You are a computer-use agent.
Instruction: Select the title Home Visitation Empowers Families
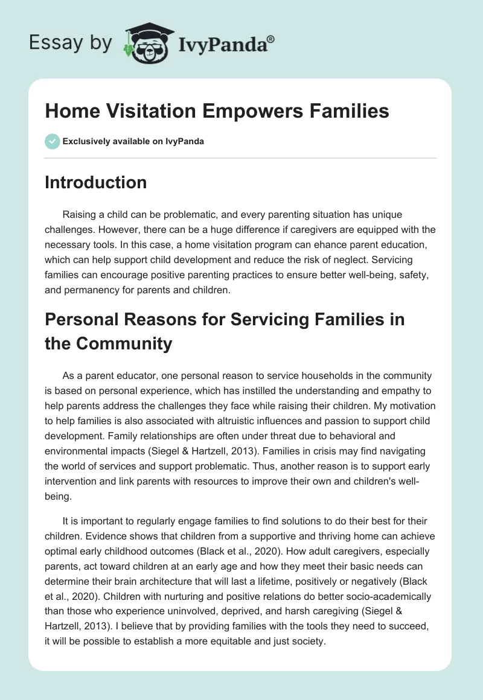pyautogui.click(x=217, y=112)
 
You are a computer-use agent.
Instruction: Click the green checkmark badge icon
pyautogui.click(x=52, y=141)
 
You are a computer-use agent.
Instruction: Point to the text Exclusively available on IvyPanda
pyautogui.click(x=133, y=141)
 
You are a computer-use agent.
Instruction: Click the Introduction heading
pyautogui.click(x=95, y=182)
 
